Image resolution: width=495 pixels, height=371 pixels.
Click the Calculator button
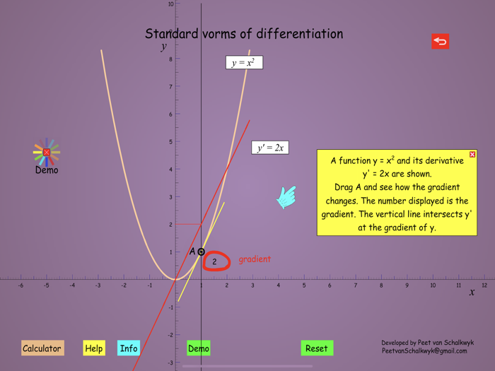pyautogui.click(x=42, y=348)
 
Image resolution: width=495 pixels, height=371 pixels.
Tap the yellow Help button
pyautogui.click(x=94, y=348)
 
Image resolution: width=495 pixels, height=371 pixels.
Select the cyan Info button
pyautogui.click(x=129, y=348)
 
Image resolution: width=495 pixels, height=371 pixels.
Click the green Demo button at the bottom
pyautogui.click(x=199, y=348)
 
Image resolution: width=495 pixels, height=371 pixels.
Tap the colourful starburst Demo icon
pyautogui.click(x=47, y=152)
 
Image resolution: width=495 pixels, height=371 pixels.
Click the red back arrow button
pyautogui.click(x=440, y=42)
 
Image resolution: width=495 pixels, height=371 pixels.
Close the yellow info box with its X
pyautogui.click(x=472, y=154)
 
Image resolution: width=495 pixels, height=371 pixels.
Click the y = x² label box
pyautogui.click(x=244, y=63)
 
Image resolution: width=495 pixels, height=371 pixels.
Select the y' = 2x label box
pyautogui.click(x=270, y=148)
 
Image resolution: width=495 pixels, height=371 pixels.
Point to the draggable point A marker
pyautogui.click(x=201, y=252)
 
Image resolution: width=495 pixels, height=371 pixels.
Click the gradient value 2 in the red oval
pyautogui.click(x=215, y=262)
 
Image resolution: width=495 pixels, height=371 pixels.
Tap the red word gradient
pyautogui.click(x=255, y=259)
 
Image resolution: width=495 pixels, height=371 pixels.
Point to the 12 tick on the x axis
pyautogui.click(x=484, y=285)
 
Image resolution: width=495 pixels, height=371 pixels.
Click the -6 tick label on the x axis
pyautogui.click(x=21, y=285)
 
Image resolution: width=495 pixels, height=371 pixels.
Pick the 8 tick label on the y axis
pyautogui.click(x=170, y=59)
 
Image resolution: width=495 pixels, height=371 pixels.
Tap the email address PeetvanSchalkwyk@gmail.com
pyautogui.click(x=424, y=351)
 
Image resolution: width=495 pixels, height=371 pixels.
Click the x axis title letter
pyautogui.click(x=472, y=293)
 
